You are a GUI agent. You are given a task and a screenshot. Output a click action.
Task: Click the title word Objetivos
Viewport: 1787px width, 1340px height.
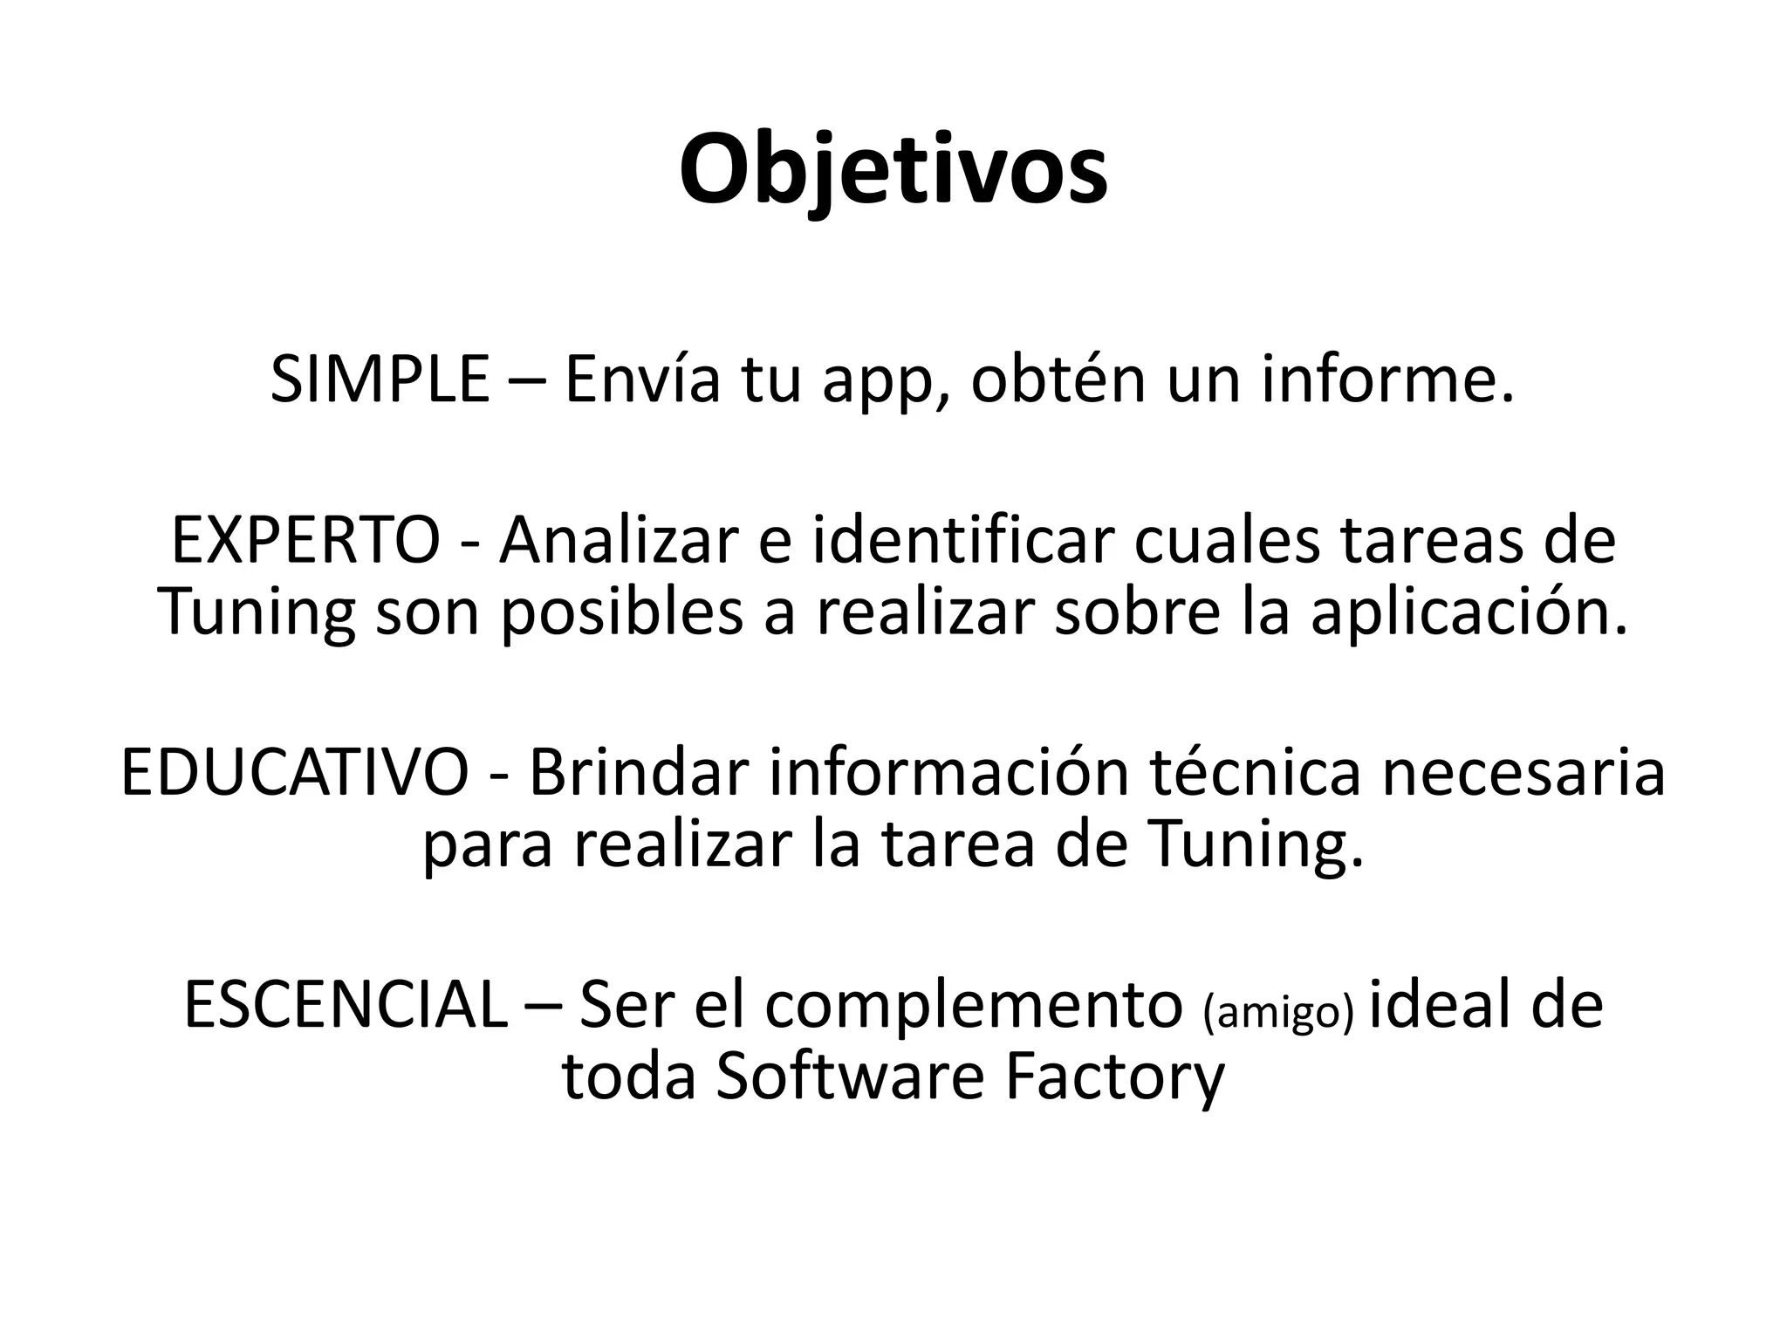pyautogui.click(x=893, y=170)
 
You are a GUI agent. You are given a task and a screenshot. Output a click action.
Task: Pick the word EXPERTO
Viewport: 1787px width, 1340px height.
pyautogui.click(x=305, y=542)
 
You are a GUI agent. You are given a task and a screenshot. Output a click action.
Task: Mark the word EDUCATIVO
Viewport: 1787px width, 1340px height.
pyautogui.click(x=295, y=773)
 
